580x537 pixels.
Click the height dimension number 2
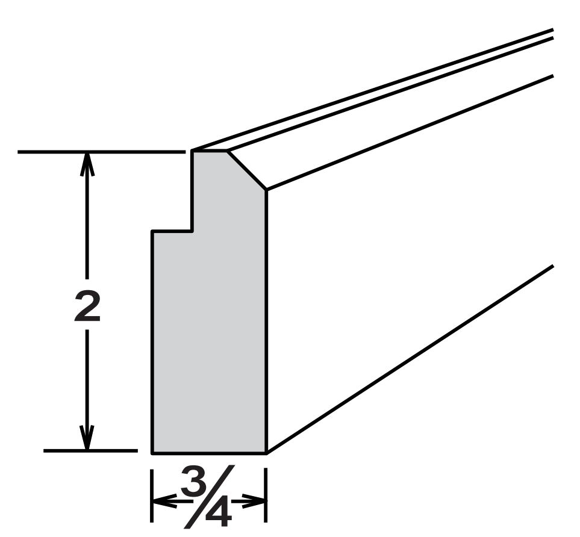[87, 305]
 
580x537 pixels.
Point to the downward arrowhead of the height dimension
[87, 438]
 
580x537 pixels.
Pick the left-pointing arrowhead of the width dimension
[165, 501]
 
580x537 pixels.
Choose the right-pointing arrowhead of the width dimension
[254, 501]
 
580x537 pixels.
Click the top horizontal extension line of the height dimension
[101, 152]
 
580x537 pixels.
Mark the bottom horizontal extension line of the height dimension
[90, 450]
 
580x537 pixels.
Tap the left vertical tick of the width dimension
[152, 495]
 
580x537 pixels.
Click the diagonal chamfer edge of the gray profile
[247, 170]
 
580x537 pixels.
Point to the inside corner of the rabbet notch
[192, 231]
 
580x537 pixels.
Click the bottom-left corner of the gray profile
[152, 453]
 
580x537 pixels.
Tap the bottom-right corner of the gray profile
[266, 453]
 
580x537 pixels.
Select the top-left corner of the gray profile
[192, 151]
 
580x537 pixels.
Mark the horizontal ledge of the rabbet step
[172, 231]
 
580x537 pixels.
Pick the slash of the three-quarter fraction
[210, 496]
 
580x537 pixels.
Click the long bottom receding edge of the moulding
[410, 359]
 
